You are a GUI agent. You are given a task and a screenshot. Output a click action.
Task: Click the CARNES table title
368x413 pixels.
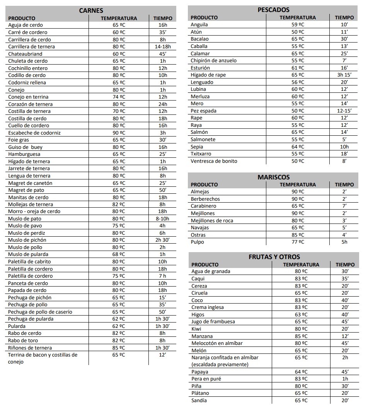click(x=91, y=10)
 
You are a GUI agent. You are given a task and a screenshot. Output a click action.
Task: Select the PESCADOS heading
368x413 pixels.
click(x=273, y=10)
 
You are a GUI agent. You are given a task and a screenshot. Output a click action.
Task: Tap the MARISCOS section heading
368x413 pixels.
click(x=273, y=177)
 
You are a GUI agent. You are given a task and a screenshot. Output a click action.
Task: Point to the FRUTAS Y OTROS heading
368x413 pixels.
click(x=274, y=257)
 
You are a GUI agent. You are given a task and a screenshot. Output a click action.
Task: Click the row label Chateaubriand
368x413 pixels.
click(x=25, y=54)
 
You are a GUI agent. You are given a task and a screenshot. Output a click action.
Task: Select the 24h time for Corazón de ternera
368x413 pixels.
click(x=163, y=104)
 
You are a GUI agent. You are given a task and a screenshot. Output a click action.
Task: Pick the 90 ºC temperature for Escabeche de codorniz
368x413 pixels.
click(x=119, y=133)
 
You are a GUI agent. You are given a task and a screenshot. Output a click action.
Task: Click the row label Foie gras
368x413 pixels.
click(x=19, y=140)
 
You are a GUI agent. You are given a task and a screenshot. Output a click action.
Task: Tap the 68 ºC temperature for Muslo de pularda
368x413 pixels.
click(x=119, y=254)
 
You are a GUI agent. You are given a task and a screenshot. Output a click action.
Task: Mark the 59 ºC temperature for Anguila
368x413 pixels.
click(x=298, y=25)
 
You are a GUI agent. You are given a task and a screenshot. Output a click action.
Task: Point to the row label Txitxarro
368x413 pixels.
click(x=201, y=154)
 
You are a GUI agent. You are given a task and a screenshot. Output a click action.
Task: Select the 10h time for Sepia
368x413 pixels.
click(x=344, y=147)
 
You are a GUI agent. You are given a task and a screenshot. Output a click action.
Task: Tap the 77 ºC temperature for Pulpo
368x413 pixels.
click(x=298, y=242)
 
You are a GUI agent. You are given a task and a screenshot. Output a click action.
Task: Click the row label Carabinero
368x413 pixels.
click(x=203, y=206)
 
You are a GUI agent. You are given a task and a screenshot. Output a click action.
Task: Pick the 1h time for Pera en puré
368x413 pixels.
click(x=345, y=379)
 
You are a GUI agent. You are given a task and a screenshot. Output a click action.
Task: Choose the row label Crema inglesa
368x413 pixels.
click(x=208, y=307)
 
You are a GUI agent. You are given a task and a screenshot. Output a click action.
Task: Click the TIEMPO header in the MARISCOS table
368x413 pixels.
click(x=344, y=185)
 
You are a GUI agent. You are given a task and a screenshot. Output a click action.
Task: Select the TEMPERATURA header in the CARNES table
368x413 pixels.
click(x=119, y=18)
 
